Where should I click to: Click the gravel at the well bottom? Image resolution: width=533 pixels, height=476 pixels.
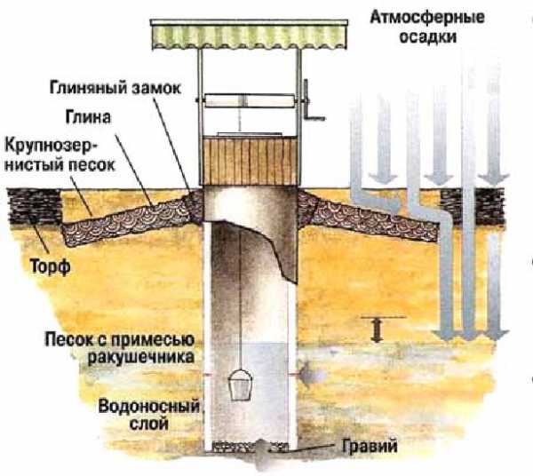click(x=250, y=447)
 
